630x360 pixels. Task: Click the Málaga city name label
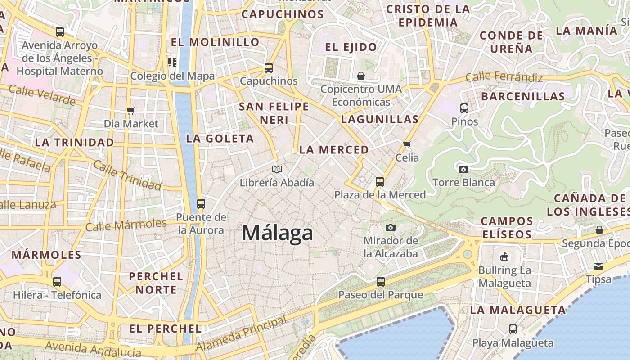click(277, 233)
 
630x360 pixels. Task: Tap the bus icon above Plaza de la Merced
click(380, 182)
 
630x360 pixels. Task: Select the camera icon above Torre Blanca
click(463, 170)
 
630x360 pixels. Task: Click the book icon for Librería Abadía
click(277, 170)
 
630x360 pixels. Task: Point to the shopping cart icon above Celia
click(407, 145)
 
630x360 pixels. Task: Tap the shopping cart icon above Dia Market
click(131, 111)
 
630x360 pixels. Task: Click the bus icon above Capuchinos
click(269, 68)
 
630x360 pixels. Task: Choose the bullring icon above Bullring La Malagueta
click(504, 257)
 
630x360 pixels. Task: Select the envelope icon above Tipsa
click(598, 266)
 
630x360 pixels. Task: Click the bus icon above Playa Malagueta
click(513, 329)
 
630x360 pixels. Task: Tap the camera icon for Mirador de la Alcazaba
click(391, 228)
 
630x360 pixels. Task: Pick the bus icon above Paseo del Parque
click(381, 282)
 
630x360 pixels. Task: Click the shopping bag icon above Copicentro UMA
click(361, 76)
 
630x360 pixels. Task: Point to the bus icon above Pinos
click(464, 108)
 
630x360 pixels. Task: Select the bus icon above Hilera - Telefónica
click(57, 282)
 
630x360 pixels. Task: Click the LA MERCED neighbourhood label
click(334, 150)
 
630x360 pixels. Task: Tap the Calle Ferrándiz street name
click(504, 77)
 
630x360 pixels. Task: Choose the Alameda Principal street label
click(241, 334)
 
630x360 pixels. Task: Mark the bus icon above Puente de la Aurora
click(201, 204)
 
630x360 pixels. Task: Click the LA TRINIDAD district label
click(74, 143)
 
